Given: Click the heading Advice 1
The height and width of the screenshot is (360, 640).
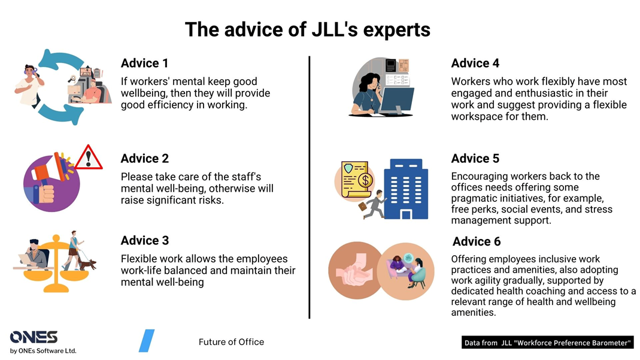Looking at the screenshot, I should coord(144,63).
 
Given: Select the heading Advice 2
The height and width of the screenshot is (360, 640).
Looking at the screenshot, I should coord(144,159).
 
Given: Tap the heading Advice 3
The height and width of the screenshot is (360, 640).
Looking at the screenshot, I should coord(144,241).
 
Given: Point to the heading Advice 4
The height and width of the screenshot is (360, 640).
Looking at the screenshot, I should coord(475,63).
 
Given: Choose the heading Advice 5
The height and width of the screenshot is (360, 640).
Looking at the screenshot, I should coord(475,159).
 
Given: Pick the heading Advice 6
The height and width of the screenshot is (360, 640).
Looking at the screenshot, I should coord(477,241).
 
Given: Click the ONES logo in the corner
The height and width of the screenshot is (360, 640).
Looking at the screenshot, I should coord(34,337).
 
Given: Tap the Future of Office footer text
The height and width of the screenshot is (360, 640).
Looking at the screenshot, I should coord(231,342).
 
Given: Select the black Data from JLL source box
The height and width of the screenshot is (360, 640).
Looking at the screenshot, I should coord(547,343).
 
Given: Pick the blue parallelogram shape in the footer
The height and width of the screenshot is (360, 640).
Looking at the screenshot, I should coord(147,341).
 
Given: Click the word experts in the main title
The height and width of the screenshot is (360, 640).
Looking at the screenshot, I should coord(396,29).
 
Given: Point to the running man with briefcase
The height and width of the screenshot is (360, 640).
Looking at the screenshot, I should coord(374,205).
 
